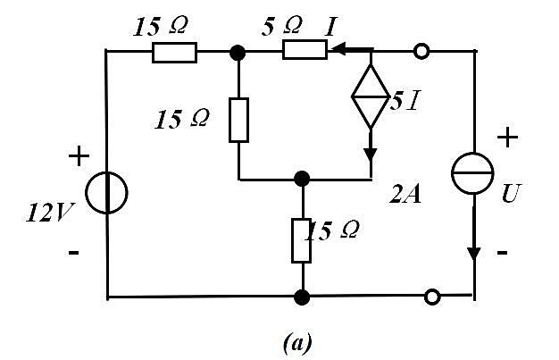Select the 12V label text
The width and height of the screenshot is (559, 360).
[49, 213]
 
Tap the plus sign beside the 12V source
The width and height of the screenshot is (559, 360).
[79, 156]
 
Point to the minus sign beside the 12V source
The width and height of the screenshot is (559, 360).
[73, 253]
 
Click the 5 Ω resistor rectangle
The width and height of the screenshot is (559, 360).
[305, 50]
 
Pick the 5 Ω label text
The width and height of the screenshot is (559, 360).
[282, 27]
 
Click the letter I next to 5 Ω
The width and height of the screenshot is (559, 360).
[330, 27]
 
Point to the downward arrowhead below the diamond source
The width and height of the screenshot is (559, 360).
[371, 155]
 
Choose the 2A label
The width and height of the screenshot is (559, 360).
[405, 195]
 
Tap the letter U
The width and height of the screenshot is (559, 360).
[511, 193]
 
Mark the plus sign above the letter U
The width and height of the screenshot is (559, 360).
[507, 137]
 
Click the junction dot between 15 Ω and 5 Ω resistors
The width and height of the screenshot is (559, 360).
[238, 53]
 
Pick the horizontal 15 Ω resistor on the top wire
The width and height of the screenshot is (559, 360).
[174, 53]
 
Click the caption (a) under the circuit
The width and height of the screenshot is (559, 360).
[297, 342]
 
